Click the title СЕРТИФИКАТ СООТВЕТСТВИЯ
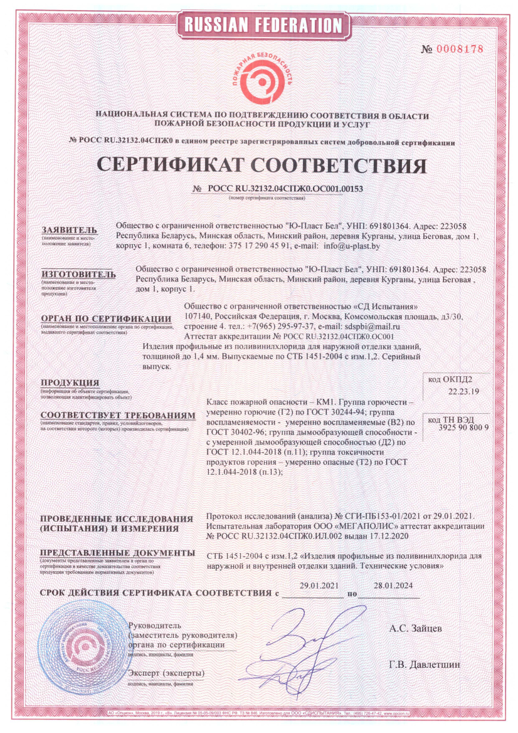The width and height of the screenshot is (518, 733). (x=262, y=164)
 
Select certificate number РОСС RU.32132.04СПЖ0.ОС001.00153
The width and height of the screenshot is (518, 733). (x=285, y=188)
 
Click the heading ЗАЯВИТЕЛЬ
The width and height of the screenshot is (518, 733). (x=70, y=229)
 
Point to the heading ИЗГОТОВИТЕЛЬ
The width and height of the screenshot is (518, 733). (x=78, y=274)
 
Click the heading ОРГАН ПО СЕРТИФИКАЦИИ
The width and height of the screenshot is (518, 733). (x=105, y=319)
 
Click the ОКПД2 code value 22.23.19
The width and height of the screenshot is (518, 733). (x=464, y=392)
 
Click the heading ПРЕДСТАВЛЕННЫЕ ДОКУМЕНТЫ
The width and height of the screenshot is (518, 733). (x=117, y=553)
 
